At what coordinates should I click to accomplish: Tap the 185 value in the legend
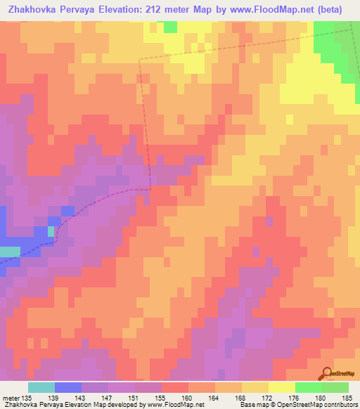coord(347,397)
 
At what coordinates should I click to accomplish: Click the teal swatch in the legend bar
coord(41,387)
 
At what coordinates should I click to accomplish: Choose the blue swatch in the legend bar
coord(68,387)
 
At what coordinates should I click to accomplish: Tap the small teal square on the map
coord(51,231)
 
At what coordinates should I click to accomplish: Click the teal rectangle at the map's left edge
coord(10,252)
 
